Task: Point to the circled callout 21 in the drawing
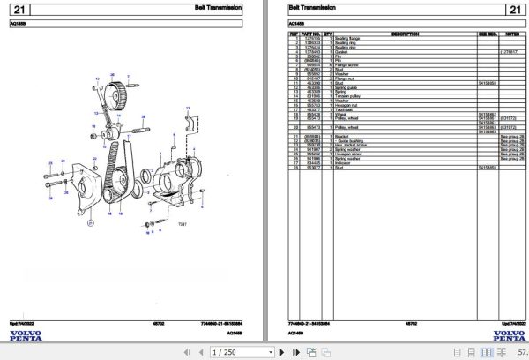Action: pos(87,224)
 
